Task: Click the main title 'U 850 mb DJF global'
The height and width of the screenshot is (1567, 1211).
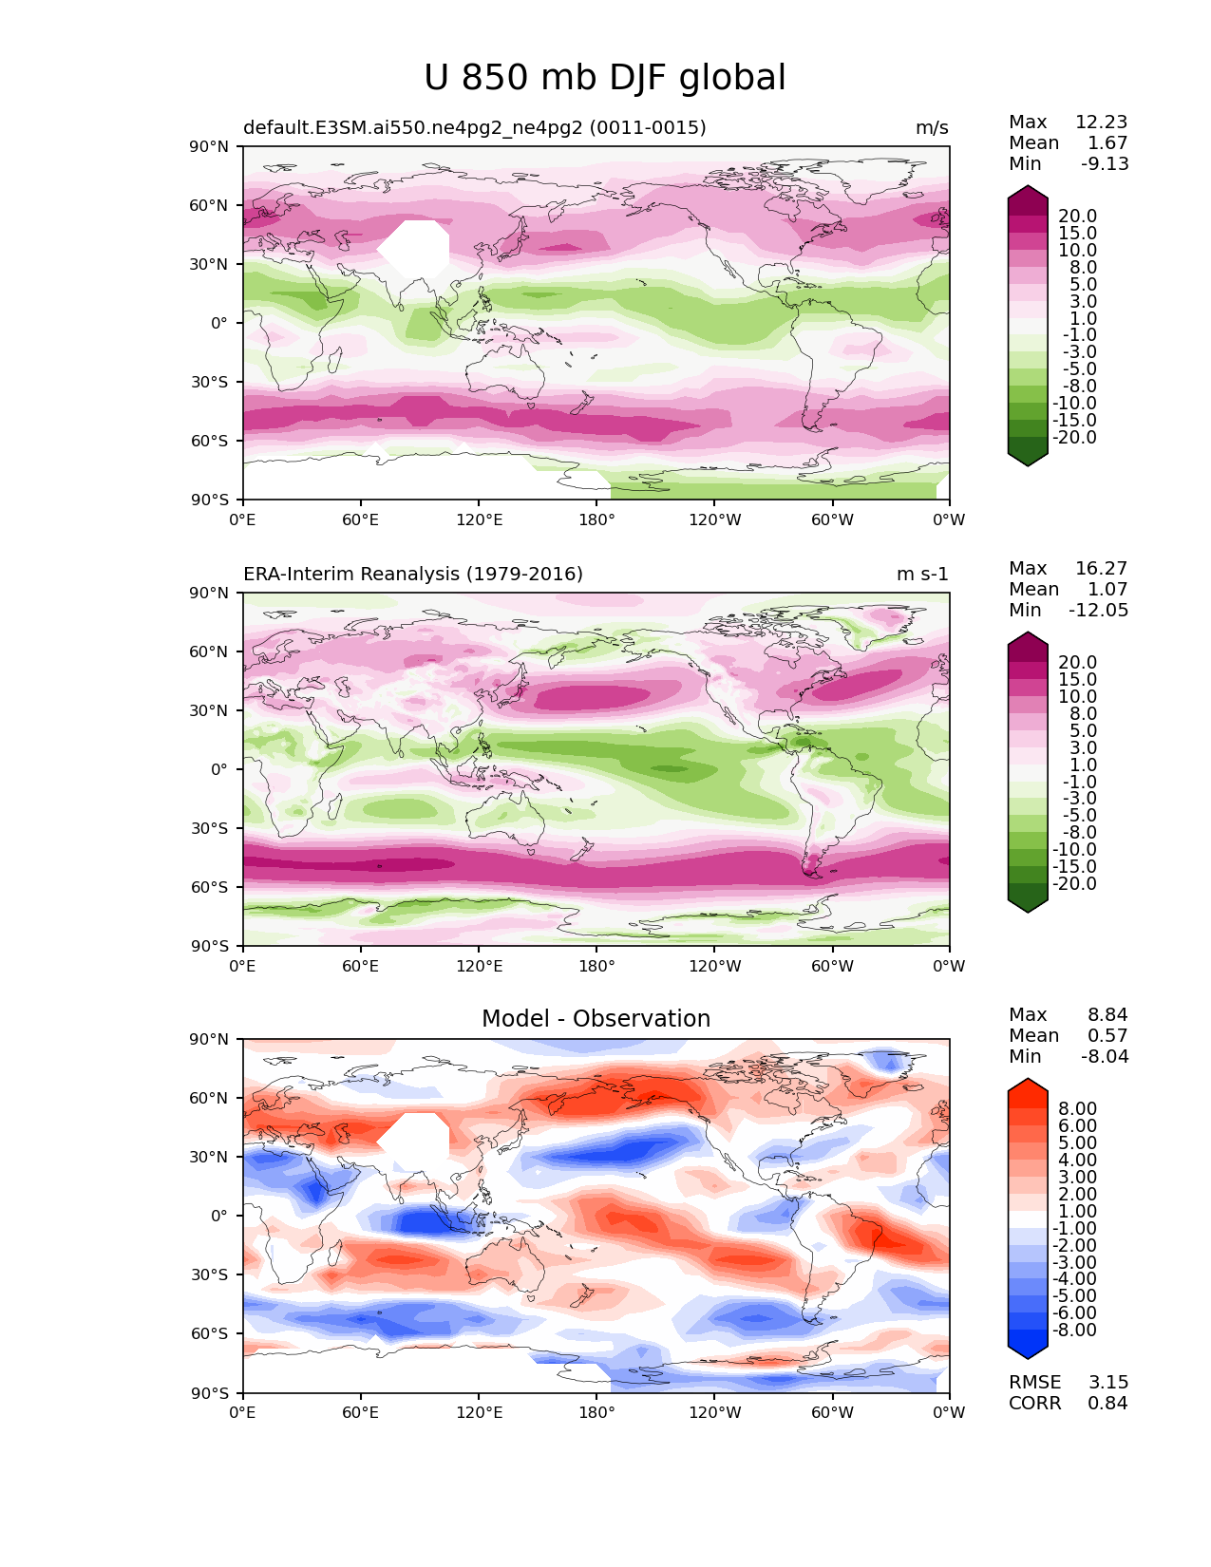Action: pos(604,78)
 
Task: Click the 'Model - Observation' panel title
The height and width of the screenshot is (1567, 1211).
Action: pos(596,1019)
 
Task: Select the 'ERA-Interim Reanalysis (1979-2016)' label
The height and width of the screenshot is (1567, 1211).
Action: pos(413,575)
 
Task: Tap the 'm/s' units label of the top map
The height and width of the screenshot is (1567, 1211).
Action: pos(932,128)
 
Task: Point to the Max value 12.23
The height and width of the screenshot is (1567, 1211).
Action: pos(1101,123)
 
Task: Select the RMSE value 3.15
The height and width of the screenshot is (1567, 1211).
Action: pos(1107,1383)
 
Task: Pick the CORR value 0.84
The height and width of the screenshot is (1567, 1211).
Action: pos(1107,1404)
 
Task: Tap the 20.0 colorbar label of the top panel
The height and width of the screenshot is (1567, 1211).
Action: pos(1077,217)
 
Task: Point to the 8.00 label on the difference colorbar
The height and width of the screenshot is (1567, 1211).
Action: pos(1077,1109)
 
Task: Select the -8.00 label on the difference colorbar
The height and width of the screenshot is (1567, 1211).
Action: pos(1074,1331)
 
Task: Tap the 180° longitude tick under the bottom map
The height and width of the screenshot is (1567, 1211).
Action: pos(596,1413)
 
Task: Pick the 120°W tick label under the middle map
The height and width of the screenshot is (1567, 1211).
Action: pos(715,967)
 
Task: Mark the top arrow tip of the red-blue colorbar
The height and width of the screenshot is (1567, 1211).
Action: pos(1028,1080)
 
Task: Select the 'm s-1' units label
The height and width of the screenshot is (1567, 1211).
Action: pos(922,575)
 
